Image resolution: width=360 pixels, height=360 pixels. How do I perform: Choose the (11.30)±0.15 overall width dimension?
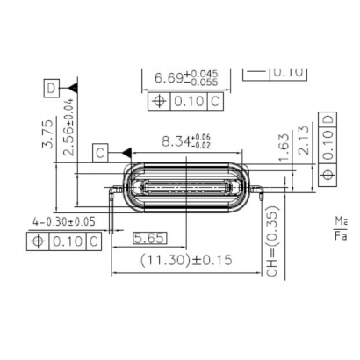pyautogui.click(x=184, y=260)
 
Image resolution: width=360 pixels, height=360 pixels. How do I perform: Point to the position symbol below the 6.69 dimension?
pyautogui.click(x=160, y=102)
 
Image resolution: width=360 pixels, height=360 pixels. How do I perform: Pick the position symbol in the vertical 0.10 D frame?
pyautogui.click(x=328, y=176)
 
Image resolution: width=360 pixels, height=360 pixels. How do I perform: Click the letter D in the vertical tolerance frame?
pyautogui.click(x=328, y=119)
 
